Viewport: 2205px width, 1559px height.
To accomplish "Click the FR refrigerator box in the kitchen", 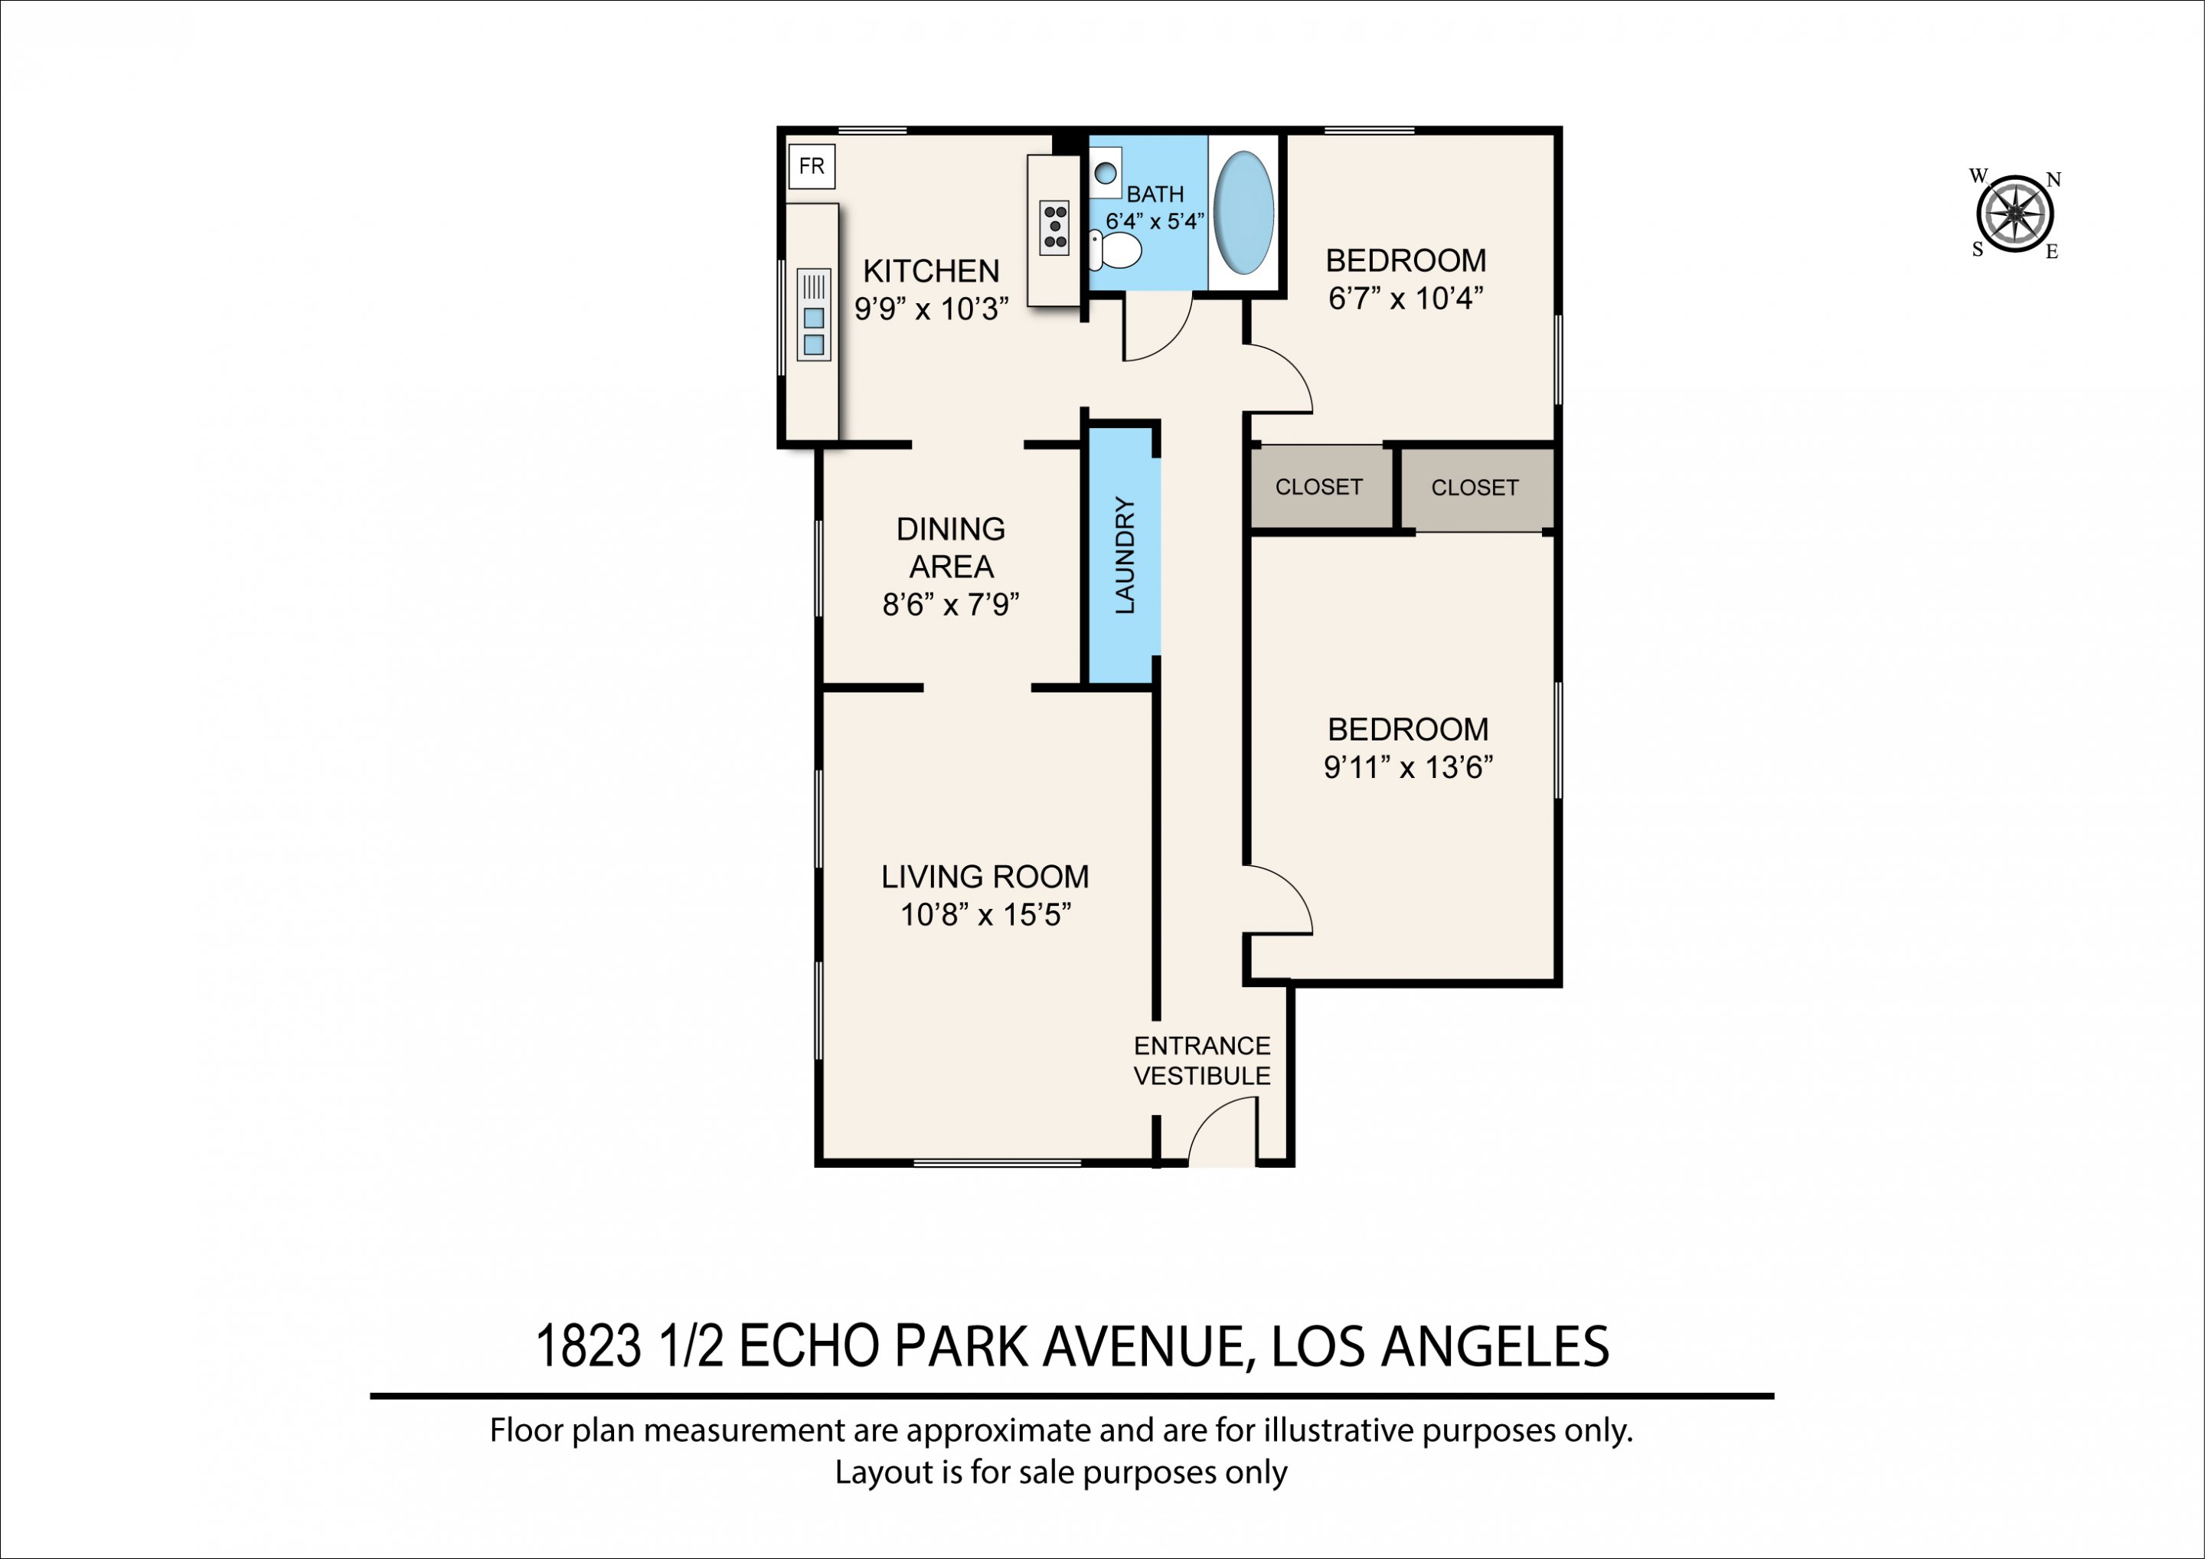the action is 812,166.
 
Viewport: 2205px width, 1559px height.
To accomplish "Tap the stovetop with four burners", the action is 1054,227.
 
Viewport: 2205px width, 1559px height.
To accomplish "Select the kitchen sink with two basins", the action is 813,315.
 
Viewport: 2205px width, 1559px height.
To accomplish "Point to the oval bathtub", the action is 1243,213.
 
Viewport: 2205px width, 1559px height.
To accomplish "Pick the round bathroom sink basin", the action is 1106,174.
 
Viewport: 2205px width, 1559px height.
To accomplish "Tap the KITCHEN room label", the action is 930,271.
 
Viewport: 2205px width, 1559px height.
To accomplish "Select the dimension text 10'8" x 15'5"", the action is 985,914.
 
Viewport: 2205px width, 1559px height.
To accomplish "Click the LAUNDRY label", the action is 1125,555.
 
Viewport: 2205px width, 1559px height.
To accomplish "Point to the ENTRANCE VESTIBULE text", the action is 1202,1061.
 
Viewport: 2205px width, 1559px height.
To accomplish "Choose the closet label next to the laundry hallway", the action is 1318,487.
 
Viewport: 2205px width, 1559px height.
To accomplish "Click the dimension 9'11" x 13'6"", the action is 1408,767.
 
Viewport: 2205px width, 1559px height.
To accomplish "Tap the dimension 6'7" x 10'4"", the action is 1406,299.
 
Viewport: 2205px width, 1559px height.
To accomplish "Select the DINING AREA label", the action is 951,547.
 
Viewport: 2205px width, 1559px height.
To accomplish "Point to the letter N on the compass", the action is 2054,180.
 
